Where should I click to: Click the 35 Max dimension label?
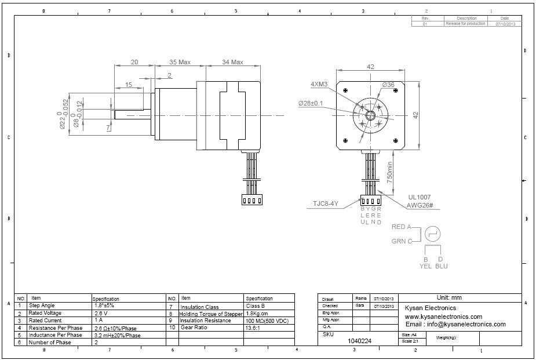(180, 61)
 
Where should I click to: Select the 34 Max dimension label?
(232, 61)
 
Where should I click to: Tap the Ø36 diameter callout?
(388, 85)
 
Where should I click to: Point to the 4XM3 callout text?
(319, 84)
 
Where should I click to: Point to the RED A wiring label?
(402, 227)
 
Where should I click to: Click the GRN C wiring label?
(402, 241)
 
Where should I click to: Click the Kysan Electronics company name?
(431, 308)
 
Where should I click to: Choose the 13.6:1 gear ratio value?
(256, 328)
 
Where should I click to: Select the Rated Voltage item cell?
(45, 313)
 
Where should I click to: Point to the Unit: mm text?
(449, 298)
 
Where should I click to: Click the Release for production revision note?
(465, 24)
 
